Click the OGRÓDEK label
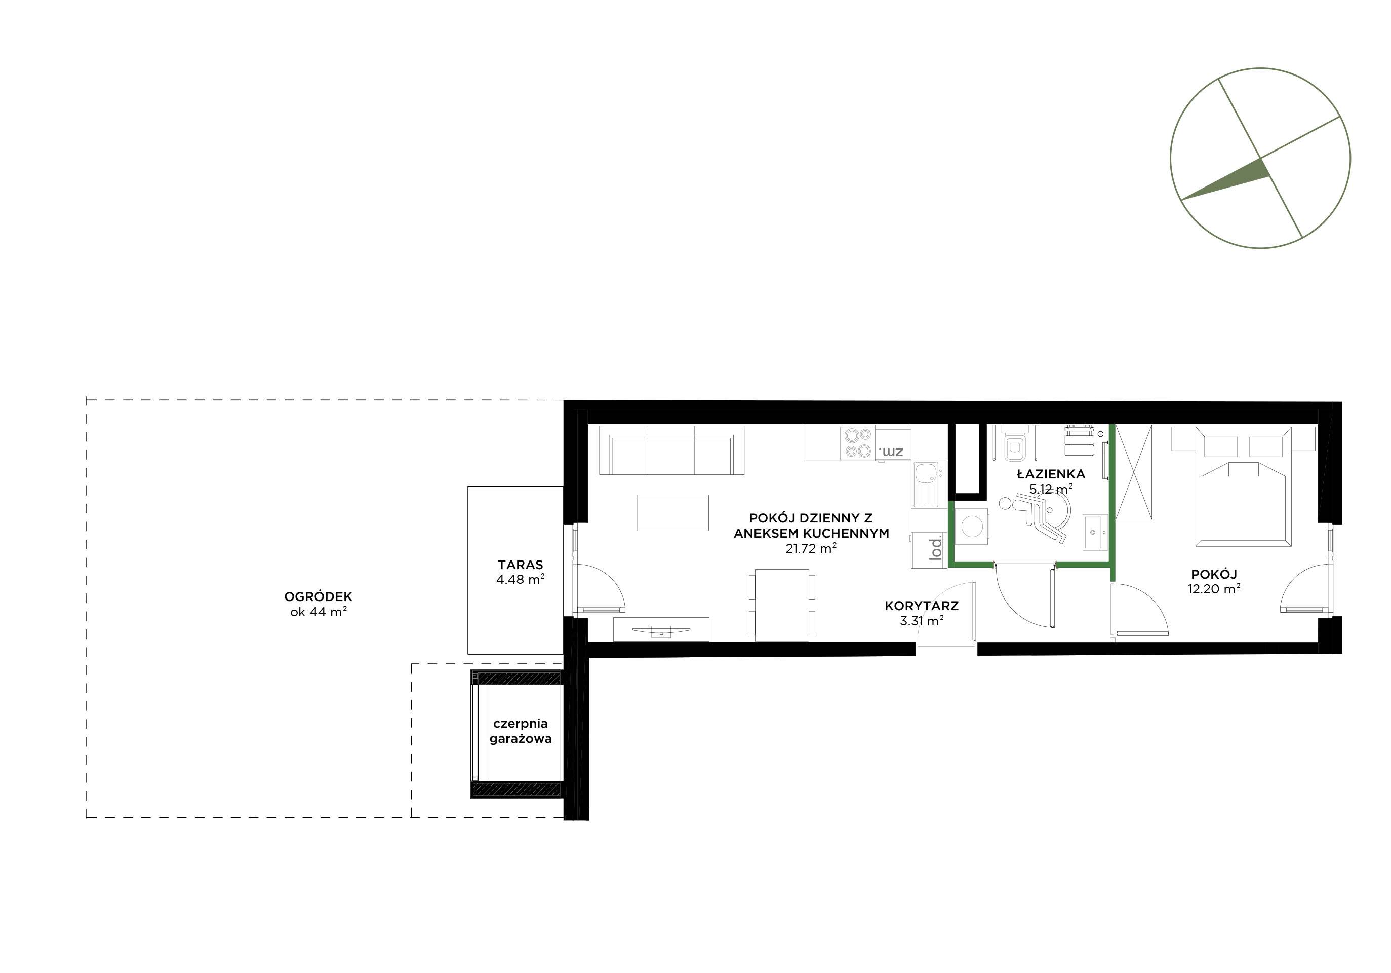pos(318,596)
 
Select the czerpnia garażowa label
pos(521,731)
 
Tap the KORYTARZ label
pos(922,606)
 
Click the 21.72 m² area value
pos(811,549)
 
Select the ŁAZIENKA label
pos(1051,474)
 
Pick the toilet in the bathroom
pos(1197,445)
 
